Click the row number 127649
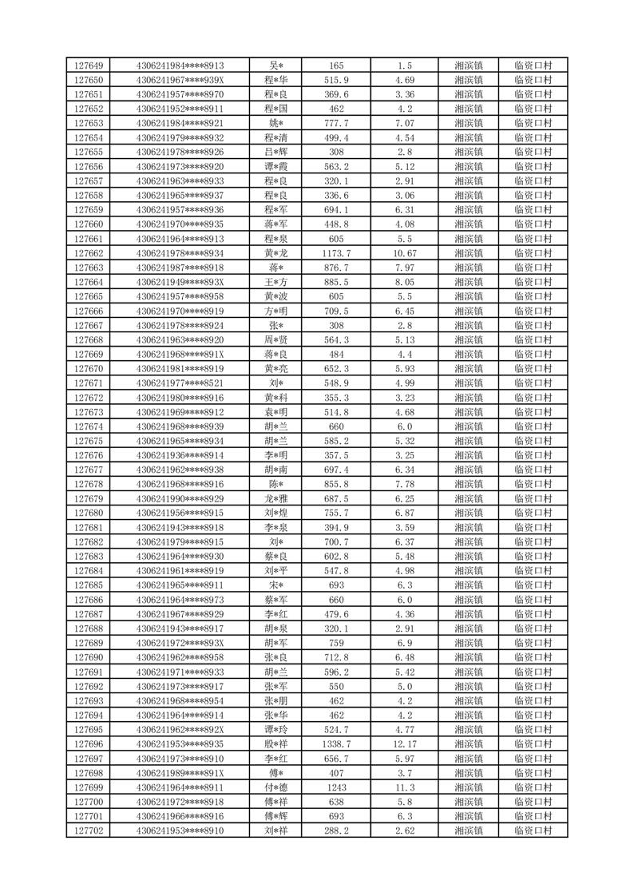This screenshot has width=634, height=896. click(88, 65)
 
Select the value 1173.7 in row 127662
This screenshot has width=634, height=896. click(336, 253)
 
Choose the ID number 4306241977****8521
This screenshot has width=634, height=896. click(180, 383)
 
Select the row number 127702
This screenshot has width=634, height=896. click(88, 831)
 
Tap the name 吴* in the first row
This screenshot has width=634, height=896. click(276, 65)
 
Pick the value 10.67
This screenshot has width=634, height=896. click(404, 253)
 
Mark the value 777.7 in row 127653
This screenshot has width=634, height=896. click(336, 123)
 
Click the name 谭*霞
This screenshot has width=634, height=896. click(276, 166)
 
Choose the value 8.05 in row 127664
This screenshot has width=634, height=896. click(404, 282)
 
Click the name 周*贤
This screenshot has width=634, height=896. click(276, 339)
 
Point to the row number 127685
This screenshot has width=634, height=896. click(88, 585)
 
